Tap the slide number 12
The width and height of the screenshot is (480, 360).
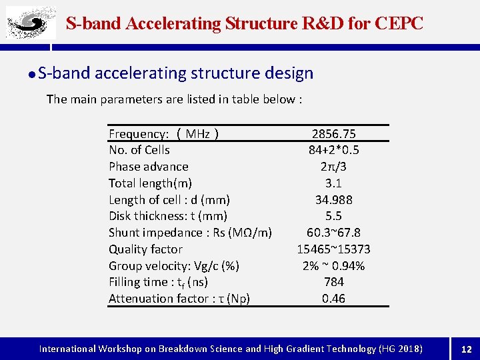tap(467, 349)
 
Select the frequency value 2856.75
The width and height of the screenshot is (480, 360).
tap(333, 134)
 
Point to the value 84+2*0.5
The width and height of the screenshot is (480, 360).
tap(333, 150)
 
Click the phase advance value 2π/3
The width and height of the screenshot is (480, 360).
tap(333, 167)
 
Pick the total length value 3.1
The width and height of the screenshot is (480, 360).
tap(333, 183)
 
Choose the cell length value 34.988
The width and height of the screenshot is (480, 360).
tap(333, 200)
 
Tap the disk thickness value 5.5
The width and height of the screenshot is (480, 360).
tap(333, 216)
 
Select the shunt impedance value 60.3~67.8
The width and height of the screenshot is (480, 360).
tap(333, 233)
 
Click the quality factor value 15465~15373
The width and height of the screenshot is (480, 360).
tap(333, 249)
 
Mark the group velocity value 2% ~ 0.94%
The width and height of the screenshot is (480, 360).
tap(333, 266)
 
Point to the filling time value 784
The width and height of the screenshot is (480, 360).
tap(333, 282)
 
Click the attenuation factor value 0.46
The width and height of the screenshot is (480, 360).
tap(333, 299)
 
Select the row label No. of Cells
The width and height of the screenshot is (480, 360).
tap(139, 150)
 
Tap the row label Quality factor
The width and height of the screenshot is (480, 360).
tap(145, 249)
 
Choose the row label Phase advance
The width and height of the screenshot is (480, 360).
tap(149, 167)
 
